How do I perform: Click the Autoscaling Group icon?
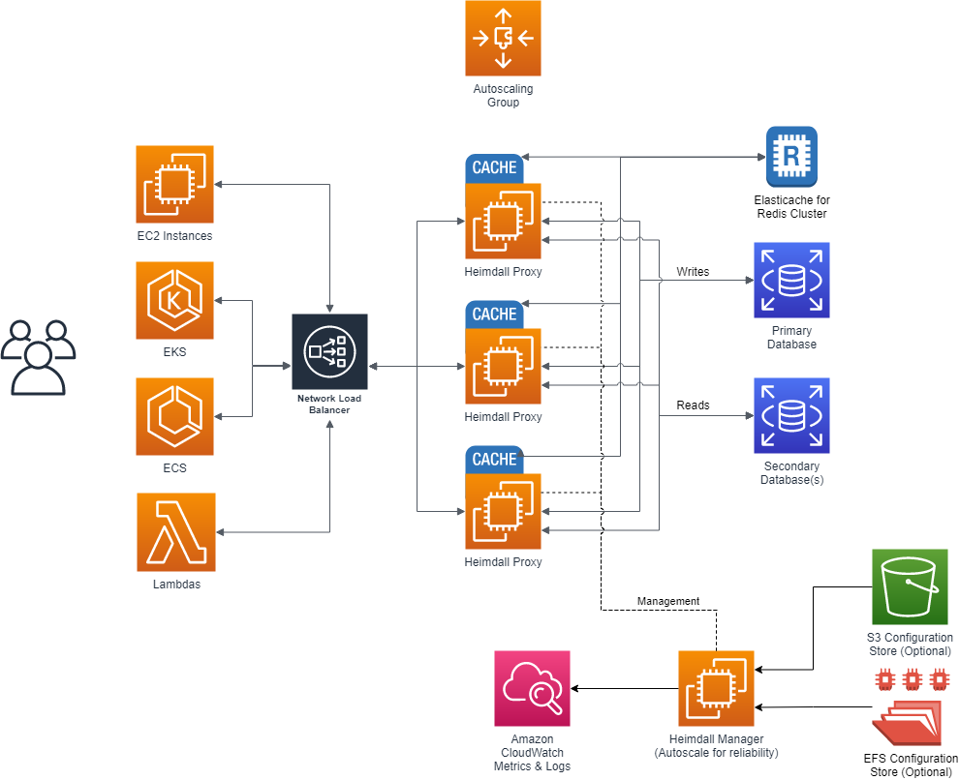pyautogui.click(x=503, y=39)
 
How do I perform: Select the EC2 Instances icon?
pyautogui.click(x=174, y=184)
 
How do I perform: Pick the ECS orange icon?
pyautogui.click(x=174, y=416)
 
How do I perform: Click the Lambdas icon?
pyautogui.click(x=176, y=532)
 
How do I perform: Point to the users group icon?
pyautogui.click(x=38, y=357)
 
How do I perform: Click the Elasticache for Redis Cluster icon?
pyautogui.click(x=791, y=156)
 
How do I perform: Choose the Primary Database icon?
pyautogui.click(x=791, y=281)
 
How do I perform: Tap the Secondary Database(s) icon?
pyautogui.click(x=791, y=416)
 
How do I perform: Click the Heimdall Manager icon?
pyautogui.click(x=716, y=688)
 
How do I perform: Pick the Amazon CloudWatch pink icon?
pyautogui.click(x=532, y=688)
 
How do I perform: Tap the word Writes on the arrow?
pyautogui.click(x=692, y=272)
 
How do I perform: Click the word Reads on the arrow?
pyautogui.click(x=692, y=405)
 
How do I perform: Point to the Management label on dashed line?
pyautogui.click(x=667, y=601)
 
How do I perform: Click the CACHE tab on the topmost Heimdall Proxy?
pyautogui.click(x=494, y=168)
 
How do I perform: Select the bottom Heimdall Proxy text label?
pyautogui.click(x=503, y=562)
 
